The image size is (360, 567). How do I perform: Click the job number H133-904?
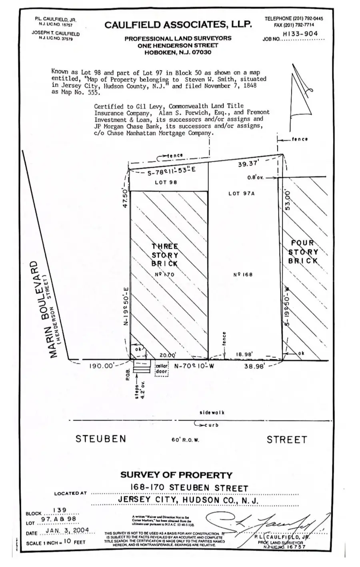pos(300,34)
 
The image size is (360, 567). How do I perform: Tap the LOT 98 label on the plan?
pos(165,182)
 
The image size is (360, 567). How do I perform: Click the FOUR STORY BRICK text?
pos(304,252)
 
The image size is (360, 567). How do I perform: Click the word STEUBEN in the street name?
pos(101,439)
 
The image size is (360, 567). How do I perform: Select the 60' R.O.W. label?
pos(185,440)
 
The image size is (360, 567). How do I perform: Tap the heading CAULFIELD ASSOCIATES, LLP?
pos(178,25)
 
